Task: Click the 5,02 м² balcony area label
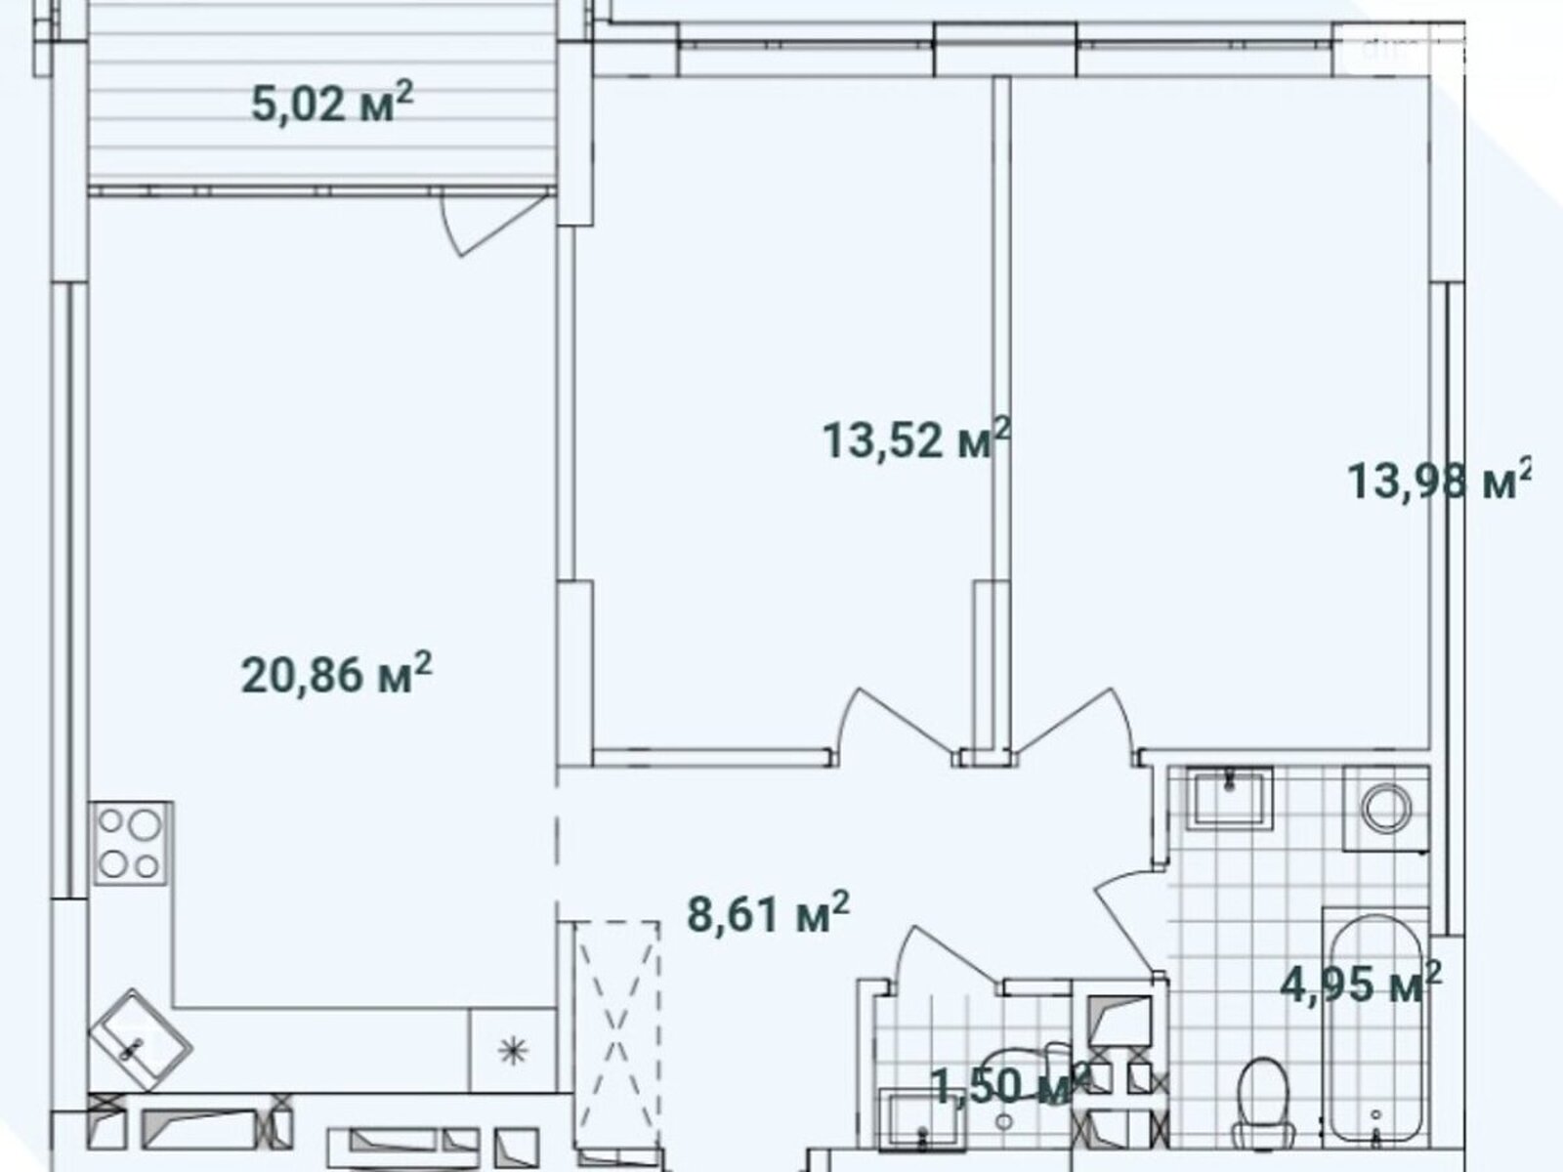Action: [332, 104]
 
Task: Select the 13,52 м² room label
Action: [916, 439]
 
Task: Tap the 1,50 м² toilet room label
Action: [1011, 1085]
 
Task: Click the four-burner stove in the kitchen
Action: [130, 843]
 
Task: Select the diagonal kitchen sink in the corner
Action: [140, 1039]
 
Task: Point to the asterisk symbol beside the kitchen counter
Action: [513, 1050]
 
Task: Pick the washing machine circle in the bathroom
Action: [1385, 807]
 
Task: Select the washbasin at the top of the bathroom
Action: [1230, 797]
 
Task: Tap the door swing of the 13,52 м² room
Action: [896, 723]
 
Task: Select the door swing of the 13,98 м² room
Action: [1077, 723]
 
